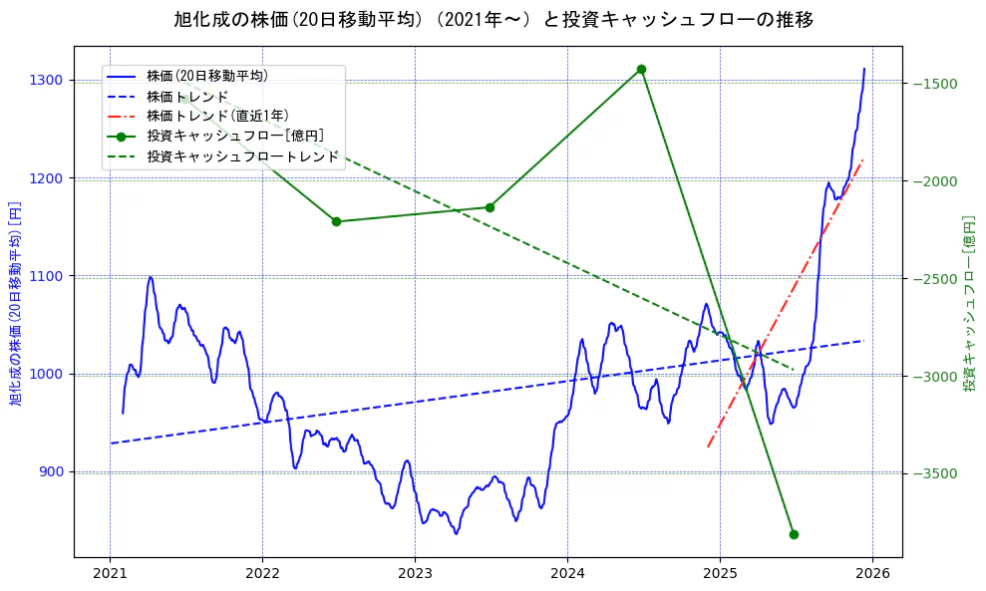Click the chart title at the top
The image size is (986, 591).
click(493, 20)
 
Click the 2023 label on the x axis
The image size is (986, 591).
click(415, 574)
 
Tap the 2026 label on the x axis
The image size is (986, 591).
click(872, 574)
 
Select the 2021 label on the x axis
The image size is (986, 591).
click(110, 574)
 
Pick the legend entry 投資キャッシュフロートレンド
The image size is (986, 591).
click(242, 156)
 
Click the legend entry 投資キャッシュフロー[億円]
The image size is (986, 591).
click(234, 136)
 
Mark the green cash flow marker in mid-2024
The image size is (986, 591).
click(641, 69)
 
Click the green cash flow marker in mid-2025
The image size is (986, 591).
click(794, 534)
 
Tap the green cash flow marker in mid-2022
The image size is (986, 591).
click(336, 221)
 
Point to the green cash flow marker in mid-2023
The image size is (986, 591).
click(489, 207)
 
